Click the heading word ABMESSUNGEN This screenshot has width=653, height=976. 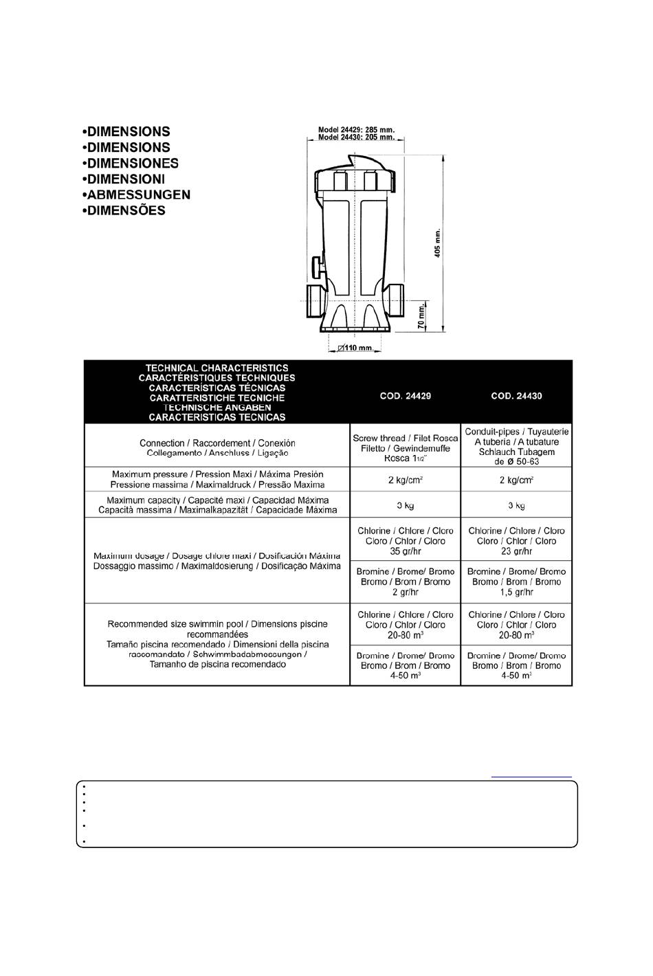pyautogui.click(x=135, y=195)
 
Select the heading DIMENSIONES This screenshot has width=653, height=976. pyautogui.click(x=130, y=163)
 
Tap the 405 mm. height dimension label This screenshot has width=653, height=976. pyautogui.click(x=438, y=243)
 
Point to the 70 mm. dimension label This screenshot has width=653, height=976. pyautogui.click(x=422, y=317)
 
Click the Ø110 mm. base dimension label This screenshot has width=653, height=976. pyautogui.click(x=355, y=348)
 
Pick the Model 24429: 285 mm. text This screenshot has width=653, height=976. pyautogui.click(x=356, y=129)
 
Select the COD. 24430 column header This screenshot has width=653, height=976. pyautogui.click(x=516, y=396)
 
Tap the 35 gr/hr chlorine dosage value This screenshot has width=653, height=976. pyautogui.click(x=405, y=551)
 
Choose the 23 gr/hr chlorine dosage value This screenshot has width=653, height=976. pyautogui.click(x=516, y=551)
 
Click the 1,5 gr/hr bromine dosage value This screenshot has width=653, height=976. pyautogui.click(x=516, y=592)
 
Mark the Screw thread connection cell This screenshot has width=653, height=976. pyautogui.click(x=405, y=448)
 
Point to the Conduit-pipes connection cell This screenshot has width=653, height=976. pyautogui.click(x=516, y=447)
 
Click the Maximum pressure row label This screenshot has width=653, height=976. pyautogui.click(x=217, y=479)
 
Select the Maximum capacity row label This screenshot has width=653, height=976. pyautogui.click(x=217, y=505)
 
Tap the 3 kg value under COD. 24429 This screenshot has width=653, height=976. pyautogui.click(x=405, y=506)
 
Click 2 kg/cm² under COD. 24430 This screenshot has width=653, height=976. pyautogui.click(x=516, y=480)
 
